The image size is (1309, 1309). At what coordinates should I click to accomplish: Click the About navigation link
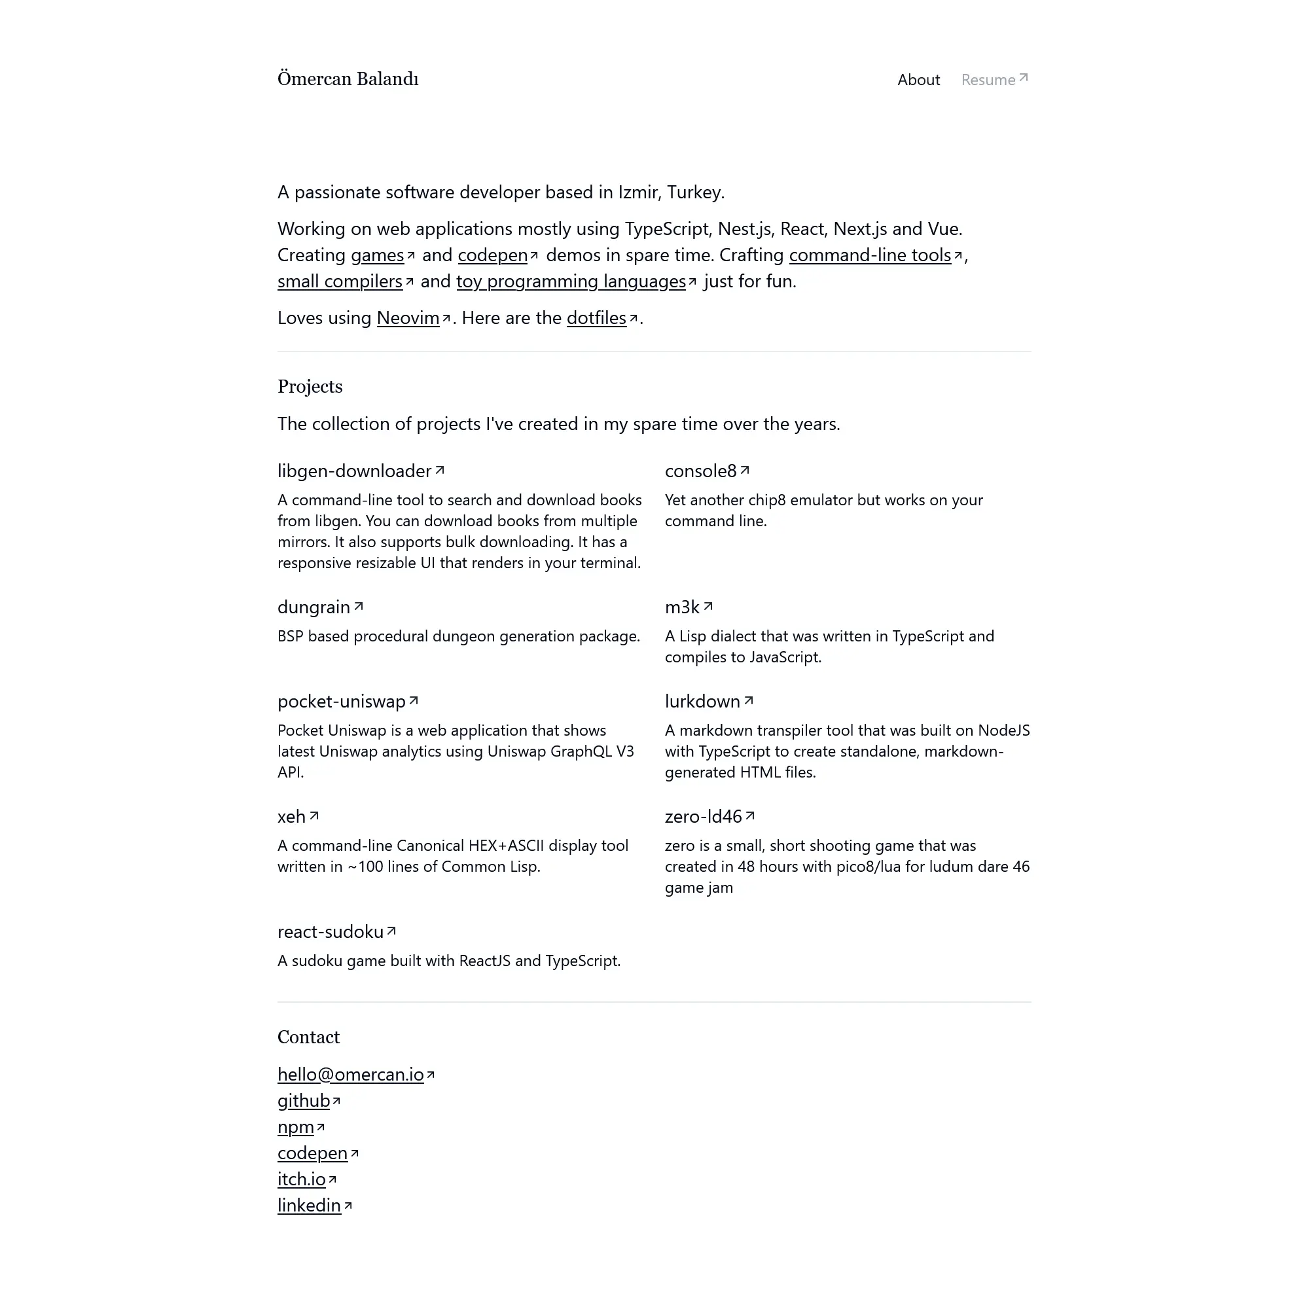[x=918, y=80]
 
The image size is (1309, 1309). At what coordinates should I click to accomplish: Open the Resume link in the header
[x=994, y=80]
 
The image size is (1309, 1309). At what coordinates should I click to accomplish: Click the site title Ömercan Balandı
[x=348, y=79]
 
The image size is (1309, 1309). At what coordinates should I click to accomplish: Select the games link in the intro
[x=378, y=255]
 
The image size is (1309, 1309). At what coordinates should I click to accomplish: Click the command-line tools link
[x=870, y=255]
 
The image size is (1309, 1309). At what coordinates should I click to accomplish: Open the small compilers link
[x=340, y=282]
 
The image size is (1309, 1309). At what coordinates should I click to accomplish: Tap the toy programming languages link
[x=571, y=282]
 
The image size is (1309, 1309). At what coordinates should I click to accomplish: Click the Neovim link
[x=408, y=319]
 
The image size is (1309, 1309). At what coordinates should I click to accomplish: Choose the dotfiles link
[x=596, y=319]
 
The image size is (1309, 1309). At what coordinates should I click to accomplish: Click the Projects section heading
[x=310, y=387]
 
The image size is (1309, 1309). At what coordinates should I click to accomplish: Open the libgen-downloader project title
[x=354, y=471]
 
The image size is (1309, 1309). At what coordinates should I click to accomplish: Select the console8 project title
[x=700, y=471]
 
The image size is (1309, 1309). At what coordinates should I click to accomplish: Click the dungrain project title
[x=314, y=607]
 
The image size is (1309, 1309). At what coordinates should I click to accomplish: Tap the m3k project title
[x=682, y=607]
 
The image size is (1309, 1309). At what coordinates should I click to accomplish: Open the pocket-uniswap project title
[x=342, y=701]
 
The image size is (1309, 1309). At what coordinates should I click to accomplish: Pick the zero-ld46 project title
[x=704, y=816]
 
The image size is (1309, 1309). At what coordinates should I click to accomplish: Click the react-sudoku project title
[x=331, y=931]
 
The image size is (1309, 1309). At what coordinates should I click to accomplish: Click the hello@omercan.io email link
[x=350, y=1075]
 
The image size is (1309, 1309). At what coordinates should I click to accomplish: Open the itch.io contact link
[x=302, y=1179]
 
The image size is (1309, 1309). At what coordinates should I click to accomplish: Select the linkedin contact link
[x=309, y=1206]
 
